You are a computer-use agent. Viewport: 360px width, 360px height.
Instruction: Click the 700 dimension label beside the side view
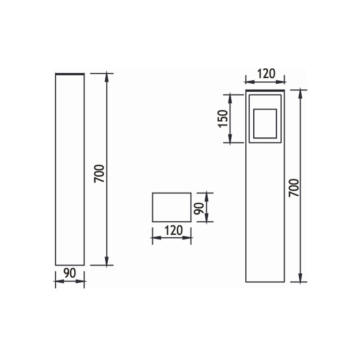[x=99, y=173]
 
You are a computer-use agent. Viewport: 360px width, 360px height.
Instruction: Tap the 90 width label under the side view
[x=69, y=273]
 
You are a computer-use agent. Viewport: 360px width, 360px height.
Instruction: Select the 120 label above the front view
[x=265, y=74]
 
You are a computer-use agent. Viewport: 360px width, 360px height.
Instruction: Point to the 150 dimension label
[x=223, y=118]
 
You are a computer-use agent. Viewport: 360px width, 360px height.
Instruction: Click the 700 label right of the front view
[x=294, y=187]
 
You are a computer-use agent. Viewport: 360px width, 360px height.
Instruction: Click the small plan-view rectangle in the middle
[x=171, y=207]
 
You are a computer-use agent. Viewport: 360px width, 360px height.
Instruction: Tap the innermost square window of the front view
[x=265, y=123]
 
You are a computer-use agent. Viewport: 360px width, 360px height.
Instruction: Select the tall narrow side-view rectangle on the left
[x=70, y=169]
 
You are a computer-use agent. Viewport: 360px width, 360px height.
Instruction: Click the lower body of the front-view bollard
[x=265, y=211]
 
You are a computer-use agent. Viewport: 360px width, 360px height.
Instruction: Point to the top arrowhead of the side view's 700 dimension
[x=107, y=76]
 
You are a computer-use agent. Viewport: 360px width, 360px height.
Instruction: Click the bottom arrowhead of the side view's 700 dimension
[x=107, y=261]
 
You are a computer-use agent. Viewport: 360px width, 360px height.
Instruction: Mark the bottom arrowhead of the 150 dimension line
[x=230, y=139]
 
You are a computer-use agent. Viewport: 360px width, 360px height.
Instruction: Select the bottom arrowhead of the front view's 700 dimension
[x=300, y=279]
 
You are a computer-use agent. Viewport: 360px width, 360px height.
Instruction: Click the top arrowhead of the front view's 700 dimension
[x=300, y=94]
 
